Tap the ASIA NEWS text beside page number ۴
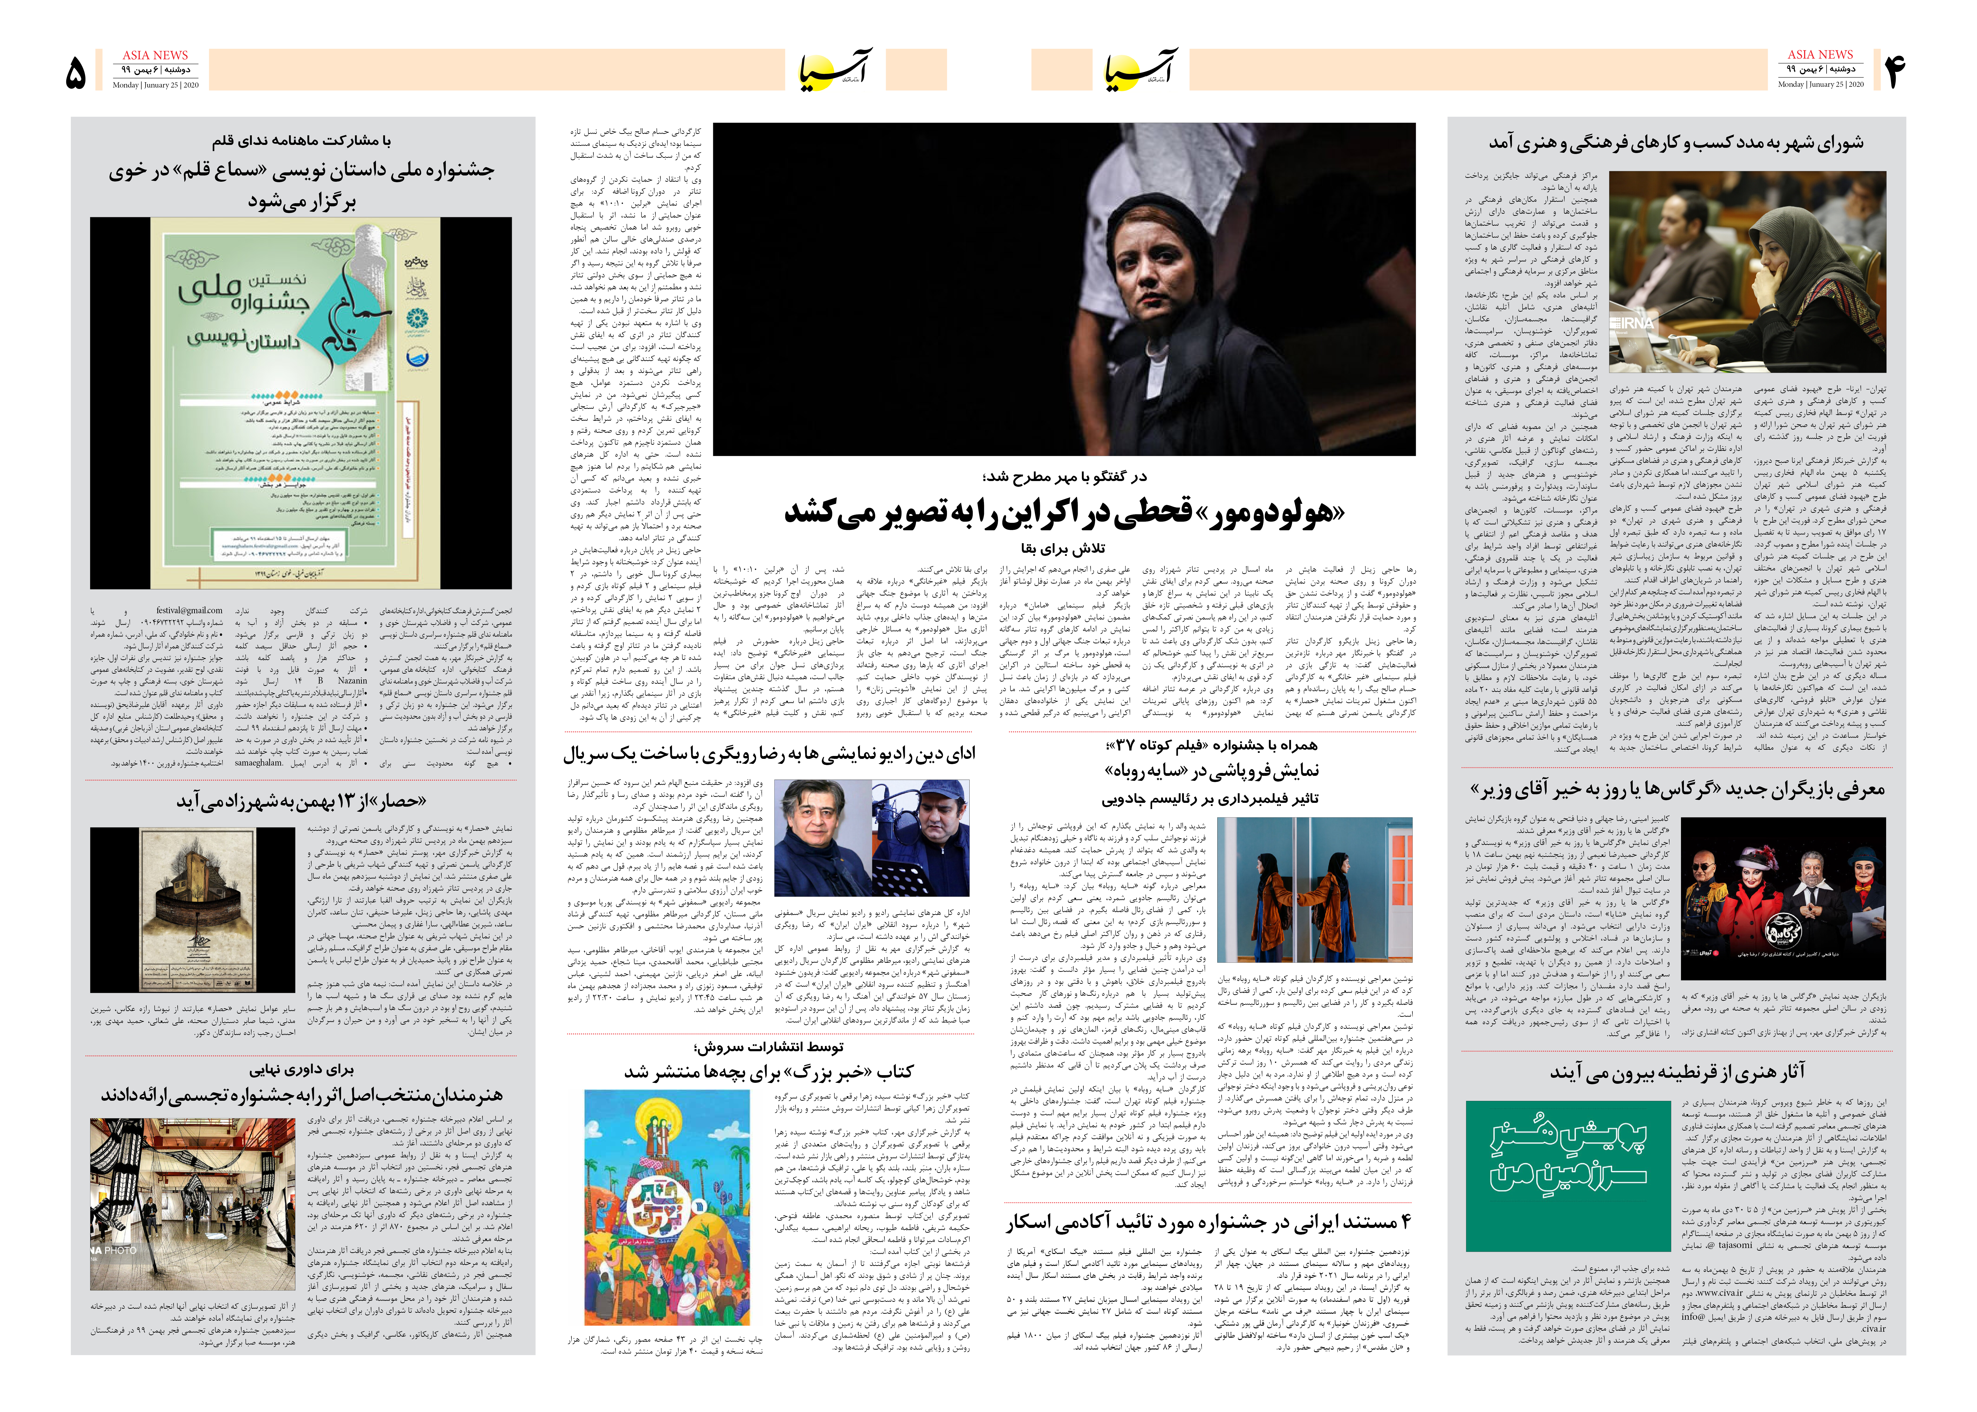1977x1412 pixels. coord(1820,55)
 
